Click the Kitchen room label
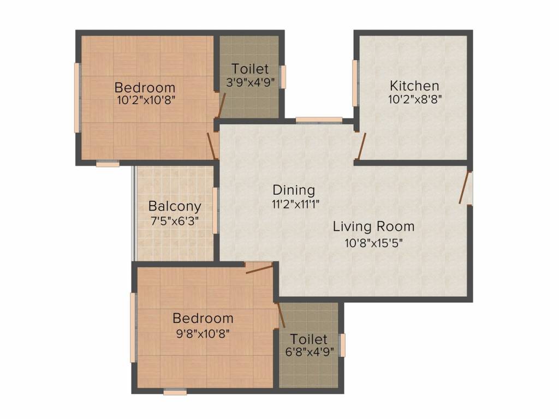pos(414,86)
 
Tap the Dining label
pos(294,190)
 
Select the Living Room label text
pos(373,226)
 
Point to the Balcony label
pos(175,206)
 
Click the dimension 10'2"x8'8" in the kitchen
pos(415,99)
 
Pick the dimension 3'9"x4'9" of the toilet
pos(251,83)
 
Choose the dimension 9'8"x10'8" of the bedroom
pos(203,334)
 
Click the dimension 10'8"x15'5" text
pos(373,243)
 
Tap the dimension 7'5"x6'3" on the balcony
pos(175,222)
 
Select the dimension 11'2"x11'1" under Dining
pos(295,204)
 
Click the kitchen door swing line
pos(361,146)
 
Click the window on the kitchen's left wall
pos(355,83)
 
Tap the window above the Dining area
pos(319,121)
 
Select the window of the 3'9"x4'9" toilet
pos(283,76)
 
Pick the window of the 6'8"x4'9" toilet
pos(342,345)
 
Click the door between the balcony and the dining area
pos(215,211)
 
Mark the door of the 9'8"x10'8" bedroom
pos(259,269)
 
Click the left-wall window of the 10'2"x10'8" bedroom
pos(76,98)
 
